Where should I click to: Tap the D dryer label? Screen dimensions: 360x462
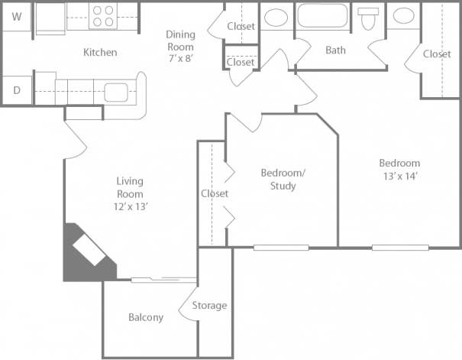tap(17, 89)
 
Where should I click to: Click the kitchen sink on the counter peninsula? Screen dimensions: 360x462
tap(117, 92)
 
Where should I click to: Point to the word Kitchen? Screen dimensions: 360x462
tap(100, 53)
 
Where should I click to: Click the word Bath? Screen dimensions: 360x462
tap(335, 50)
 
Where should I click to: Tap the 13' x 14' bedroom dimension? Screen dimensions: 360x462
tap(399, 176)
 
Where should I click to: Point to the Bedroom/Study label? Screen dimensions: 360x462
tap(283, 179)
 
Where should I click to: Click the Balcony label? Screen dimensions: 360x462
tap(145, 317)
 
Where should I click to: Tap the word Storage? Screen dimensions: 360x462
tap(209, 306)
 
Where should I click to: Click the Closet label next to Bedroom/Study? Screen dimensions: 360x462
tap(215, 193)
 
